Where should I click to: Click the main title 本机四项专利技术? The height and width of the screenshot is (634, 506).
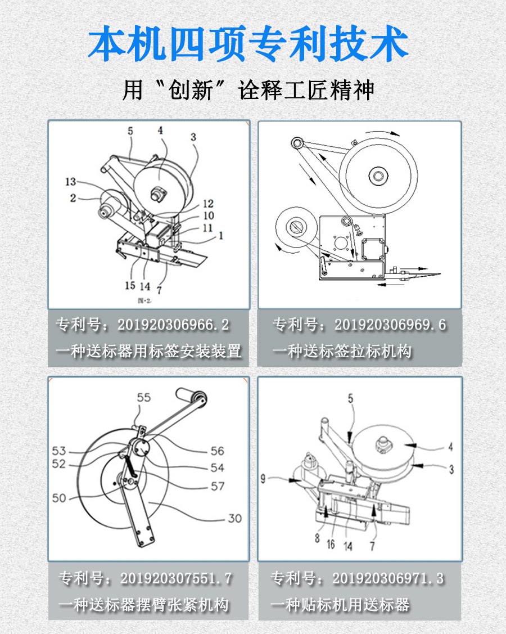coord(248,45)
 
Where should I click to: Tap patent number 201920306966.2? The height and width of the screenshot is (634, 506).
coord(173,326)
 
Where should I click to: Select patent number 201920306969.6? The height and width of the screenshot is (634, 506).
coord(390,326)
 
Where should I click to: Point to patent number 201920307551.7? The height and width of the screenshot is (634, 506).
coord(176,578)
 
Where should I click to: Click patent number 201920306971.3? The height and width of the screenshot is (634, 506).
coord(388,578)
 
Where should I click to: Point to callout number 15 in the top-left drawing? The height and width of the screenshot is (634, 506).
coord(130,286)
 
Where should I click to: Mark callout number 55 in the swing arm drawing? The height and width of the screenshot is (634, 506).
coord(144,398)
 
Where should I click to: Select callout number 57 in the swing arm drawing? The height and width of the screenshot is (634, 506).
coord(218,486)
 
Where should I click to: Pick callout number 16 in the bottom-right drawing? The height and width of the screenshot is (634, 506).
coord(330,545)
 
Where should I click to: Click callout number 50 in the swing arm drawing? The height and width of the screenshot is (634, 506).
coord(60,498)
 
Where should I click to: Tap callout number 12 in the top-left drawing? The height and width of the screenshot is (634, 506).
coord(208,204)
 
